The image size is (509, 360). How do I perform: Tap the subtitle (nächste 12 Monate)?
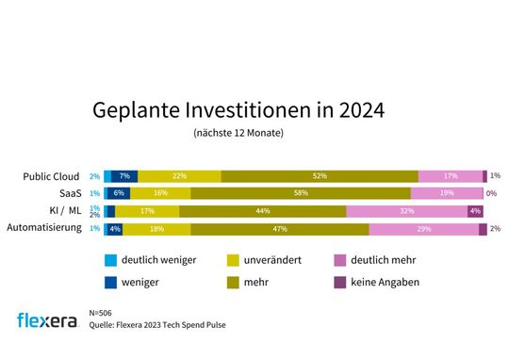tap(238, 134)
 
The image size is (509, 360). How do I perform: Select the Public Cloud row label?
tap(54, 176)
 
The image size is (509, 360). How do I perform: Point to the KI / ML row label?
tap(64, 211)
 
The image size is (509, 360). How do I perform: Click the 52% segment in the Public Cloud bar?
tap(320, 176)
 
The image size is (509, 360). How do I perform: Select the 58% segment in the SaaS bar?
tap(301, 193)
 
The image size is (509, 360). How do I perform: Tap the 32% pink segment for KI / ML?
tap(406, 211)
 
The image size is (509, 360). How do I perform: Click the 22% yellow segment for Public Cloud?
tap(180, 176)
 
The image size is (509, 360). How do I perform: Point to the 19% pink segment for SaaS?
tap(447, 193)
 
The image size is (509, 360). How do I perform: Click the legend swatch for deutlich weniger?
tap(113, 259)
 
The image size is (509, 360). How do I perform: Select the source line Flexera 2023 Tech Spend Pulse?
tap(157, 325)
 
